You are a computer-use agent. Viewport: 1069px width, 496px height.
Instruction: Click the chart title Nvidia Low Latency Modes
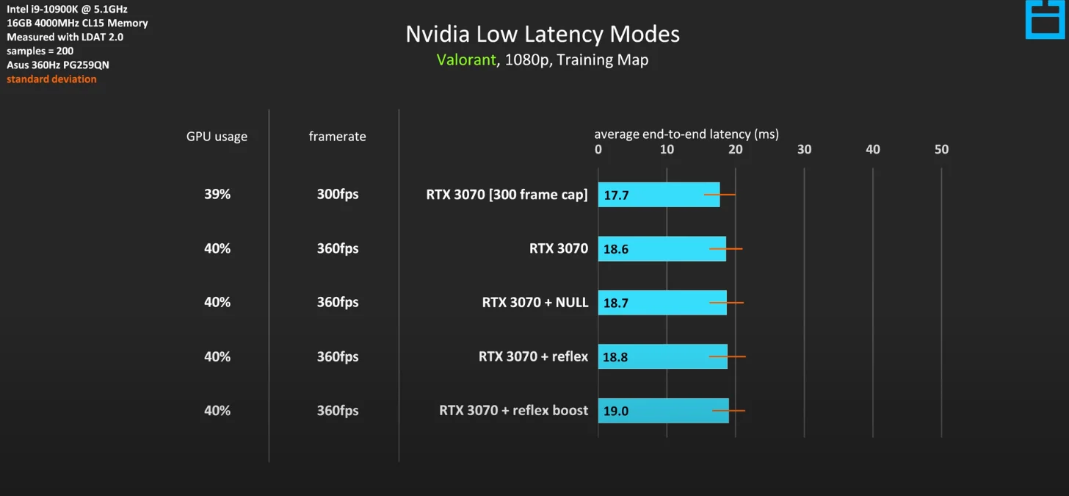(x=543, y=35)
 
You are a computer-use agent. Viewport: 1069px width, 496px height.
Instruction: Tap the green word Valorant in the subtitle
(x=466, y=60)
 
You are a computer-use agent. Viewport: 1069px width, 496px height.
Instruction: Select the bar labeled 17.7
(x=659, y=195)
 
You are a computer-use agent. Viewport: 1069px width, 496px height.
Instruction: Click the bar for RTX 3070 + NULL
(x=662, y=303)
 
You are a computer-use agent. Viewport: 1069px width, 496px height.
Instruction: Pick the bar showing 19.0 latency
(x=663, y=411)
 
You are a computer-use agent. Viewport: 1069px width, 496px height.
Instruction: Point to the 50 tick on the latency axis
(x=941, y=150)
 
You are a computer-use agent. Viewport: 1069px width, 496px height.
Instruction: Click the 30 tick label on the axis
(x=804, y=150)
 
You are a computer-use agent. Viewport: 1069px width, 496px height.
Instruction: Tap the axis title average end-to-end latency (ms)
(x=686, y=134)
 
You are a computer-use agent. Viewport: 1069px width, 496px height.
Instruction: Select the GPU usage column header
(x=217, y=137)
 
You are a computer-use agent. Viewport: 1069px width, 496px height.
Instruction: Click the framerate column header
(x=337, y=137)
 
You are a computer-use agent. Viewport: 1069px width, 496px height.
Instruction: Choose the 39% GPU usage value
(x=217, y=195)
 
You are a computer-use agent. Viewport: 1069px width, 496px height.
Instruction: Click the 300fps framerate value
(x=338, y=195)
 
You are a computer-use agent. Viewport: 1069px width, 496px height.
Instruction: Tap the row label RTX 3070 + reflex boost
(x=513, y=411)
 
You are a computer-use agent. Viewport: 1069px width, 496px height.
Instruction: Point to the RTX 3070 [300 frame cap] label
(x=507, y=195)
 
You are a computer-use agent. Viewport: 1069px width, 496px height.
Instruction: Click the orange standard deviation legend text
(x=51, y=79)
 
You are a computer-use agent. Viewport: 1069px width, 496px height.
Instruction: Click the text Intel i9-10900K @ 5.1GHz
(x=67, y=10)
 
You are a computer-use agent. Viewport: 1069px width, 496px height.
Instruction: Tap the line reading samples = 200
(x=40, y=51)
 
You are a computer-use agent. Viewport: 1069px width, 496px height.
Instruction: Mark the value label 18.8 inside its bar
(x=615, y=357)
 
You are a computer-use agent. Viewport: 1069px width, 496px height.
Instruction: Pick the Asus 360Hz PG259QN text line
(x=58, y=65)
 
